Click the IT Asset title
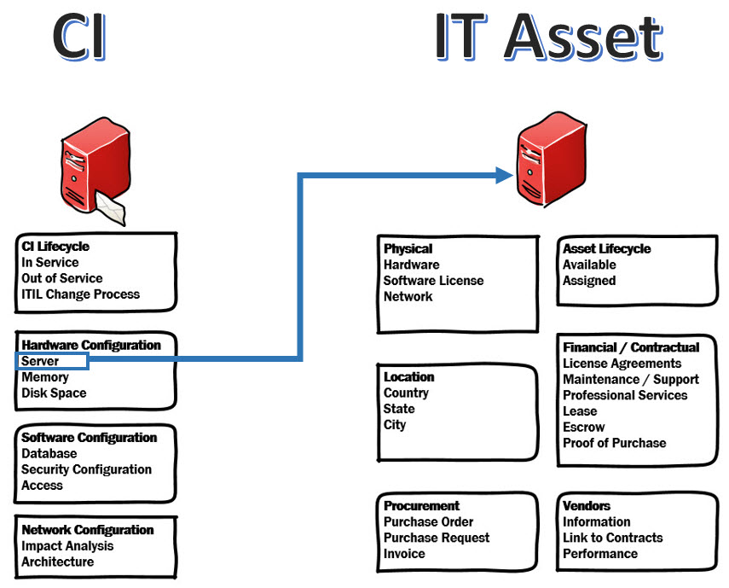(547, 36)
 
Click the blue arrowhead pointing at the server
(503, 176)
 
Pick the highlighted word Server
(41, 361)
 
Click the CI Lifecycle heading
(55, 247)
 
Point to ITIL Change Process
(81, 294)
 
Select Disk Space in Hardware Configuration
(54, 393)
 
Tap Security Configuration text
(87, 469)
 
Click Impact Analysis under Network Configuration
(67, 546)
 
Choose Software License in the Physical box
(433, 281)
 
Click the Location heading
(409, 377)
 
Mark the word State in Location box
(399, 409)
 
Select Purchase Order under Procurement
(428, 522)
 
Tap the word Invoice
(404, 554)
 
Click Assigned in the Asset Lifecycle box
(589, 281)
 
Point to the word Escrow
(584, 427)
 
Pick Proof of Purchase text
(615, 443)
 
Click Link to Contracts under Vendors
(612, 538)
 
